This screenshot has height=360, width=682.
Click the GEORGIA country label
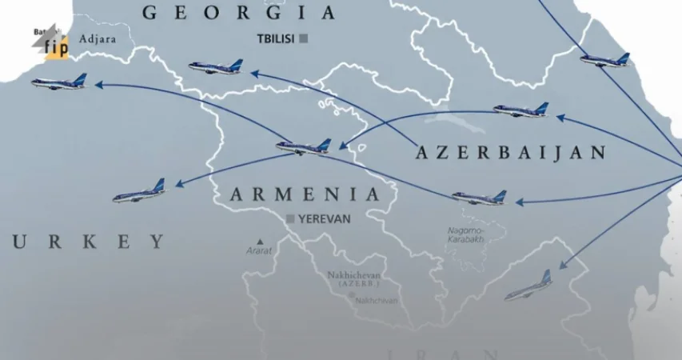coord(237,12)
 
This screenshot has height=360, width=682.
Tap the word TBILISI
coord(276,38)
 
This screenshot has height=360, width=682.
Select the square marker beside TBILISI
coord(304,38)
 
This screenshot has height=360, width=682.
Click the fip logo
coord(54,46)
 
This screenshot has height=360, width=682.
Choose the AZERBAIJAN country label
coord(511,153)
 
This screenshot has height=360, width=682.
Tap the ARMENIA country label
coord(305,194)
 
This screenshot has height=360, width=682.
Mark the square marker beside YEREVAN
coord(290,218)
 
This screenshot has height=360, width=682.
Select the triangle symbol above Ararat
coord(260,240)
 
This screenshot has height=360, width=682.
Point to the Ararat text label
coord(260,251)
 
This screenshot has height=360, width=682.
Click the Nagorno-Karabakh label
coord(466,235)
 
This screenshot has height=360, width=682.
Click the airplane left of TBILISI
coord(216,67)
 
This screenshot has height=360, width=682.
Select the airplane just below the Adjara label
coord(59,82)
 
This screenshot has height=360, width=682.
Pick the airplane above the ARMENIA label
coord(304,146)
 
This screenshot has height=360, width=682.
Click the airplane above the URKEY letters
coord(139,192)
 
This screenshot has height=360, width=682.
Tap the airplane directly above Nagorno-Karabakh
coord(479,197)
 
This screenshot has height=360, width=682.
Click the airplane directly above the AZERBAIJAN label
coord(521,110)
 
